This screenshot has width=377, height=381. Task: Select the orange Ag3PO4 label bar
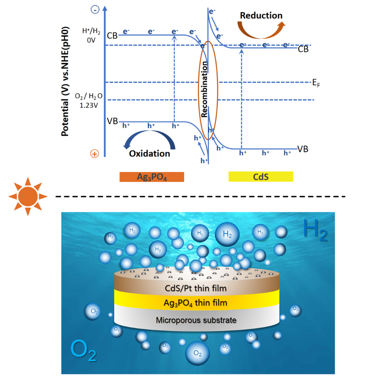point(152,177)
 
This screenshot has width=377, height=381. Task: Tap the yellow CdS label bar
point(261,177)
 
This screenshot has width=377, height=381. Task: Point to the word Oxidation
point(149,154)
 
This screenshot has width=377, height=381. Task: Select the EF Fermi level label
point(316,82)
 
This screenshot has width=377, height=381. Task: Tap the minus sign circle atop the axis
point(95,9)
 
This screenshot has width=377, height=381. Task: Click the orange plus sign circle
point(95,154)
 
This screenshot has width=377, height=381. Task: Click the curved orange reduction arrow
point(261,30)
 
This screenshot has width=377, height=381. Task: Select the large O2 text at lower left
point(83,351)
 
